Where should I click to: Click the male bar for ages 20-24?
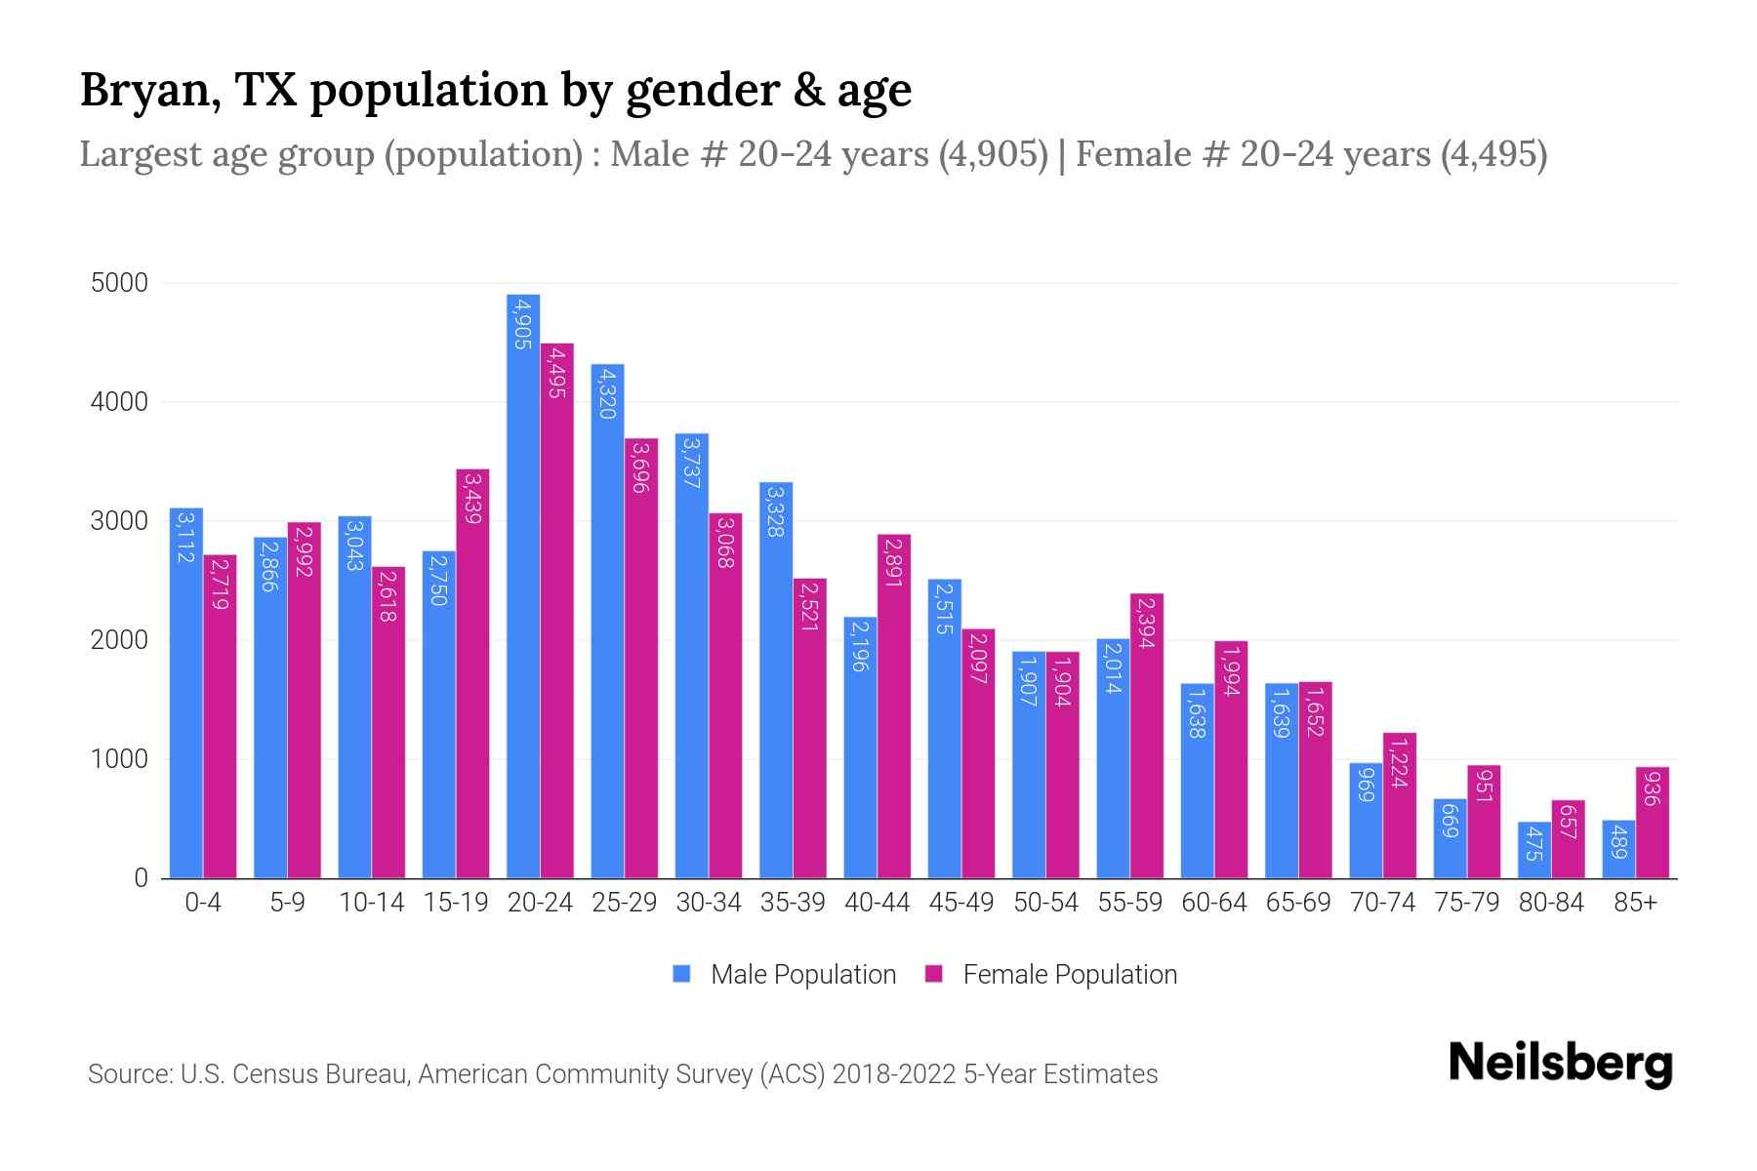(x=523, y=585)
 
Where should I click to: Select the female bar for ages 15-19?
(x=472, y=673)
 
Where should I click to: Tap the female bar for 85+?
(x=1652, y=823)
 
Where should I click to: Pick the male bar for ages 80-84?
(x=1534, y=850)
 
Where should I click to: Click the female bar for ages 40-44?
(x=894, y=707)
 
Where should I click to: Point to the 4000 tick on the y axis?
(x=119, y=402)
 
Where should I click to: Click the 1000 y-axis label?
(x=119, y=759)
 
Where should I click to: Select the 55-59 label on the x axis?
(x=1129, y=903)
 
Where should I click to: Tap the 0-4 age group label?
(x=203, y=903)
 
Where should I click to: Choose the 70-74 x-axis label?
(x=1382, y=903)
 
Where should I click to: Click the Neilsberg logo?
(x=1560, y=1065)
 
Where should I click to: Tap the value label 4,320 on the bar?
(x=607, y=393)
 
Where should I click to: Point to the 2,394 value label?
(x=1147, y=623)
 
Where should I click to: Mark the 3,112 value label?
(x=185, y=539)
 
